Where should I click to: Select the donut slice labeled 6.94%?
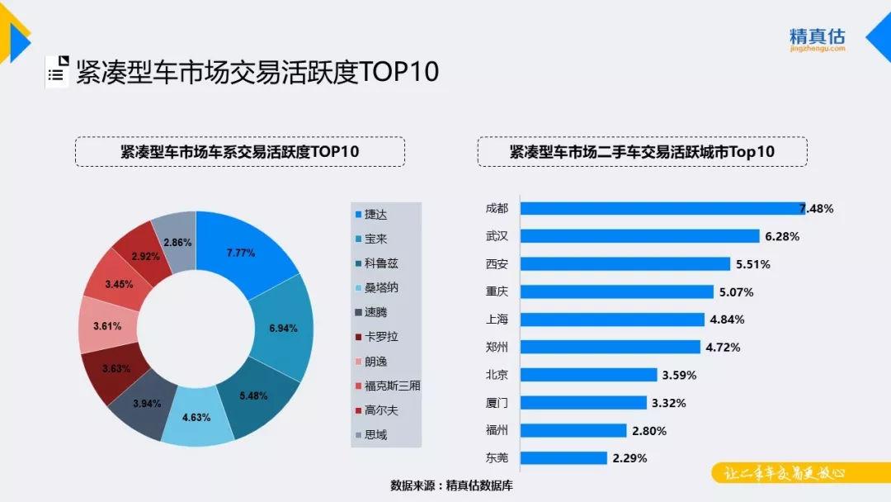pyautogui.click(x=282, y=329)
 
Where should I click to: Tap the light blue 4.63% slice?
pyautogui.click(x=197, y=417)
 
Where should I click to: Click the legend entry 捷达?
pyautogui.click(x=375, y=215)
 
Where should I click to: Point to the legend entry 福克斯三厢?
pyautogui.click(x=387, y=386)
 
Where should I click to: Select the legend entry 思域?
pyautogui.click(x=375, y=434)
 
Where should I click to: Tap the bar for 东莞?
pyautogui.click(x=565, y=457)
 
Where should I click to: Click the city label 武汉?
pyautogui.click(x=497, y=236)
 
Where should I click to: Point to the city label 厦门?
pyautogui.click(x=497, y=402)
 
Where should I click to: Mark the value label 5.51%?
pyautogui.click(x=752, y=264)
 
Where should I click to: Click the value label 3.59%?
pyautogui.click(x=679, y=375)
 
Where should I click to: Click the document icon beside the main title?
pyautogui.click(x=56, y=73)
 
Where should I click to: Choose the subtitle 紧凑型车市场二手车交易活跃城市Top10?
pyautogui.click(x=642, y=152)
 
